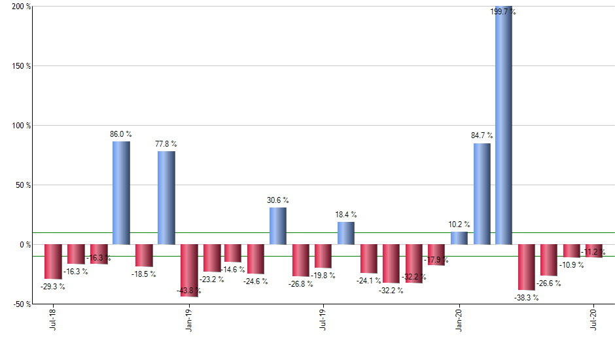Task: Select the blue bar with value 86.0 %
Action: pyautogui.click(x=121, y=193)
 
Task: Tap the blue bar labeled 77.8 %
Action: pyautogui.click(x=166, y=198)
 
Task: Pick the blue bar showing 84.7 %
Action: pyautogui.click(x=482, y=194)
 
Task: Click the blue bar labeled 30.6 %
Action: pyautogui.click(x=278, y=226)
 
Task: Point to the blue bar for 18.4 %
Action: pyautogui.click(x=346, y=233)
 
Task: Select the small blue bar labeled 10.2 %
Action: pyautogui.click(x=459, y=238)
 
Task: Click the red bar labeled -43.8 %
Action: pyautogui.click(x=189, y=270)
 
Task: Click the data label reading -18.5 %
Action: pyautogui.click(x=143, y=274)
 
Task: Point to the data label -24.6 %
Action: pyautogui.click(x=255, y=281)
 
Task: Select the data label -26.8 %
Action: pyautogui.click(x=300, y=284)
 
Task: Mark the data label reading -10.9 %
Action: pyautogui.click(x=571, y=265)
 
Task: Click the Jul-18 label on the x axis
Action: pyautogui.click(x=52, y=321)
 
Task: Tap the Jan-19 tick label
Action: pyautogui.click(x=188, y=321)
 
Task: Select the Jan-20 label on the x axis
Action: pyautogui.click(x=459, y=321)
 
